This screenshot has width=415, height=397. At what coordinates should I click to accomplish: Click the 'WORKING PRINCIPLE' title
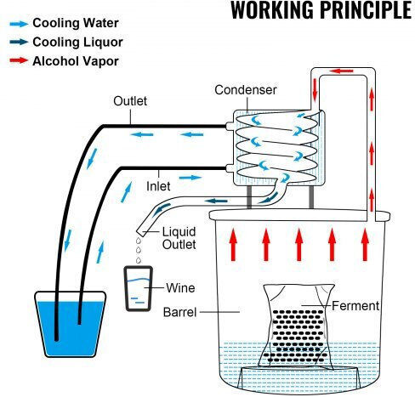(x=321, y=10)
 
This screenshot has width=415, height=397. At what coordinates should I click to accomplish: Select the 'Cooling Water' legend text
(x=76, y=23)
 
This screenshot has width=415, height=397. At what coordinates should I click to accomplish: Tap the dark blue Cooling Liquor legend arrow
(x=19, y=43)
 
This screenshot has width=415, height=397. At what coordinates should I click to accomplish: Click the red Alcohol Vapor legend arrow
(x=19, y=60)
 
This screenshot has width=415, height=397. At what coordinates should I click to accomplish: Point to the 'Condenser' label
(x=246, y=90)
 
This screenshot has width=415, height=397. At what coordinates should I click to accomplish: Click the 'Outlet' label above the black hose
(x=130, y=101)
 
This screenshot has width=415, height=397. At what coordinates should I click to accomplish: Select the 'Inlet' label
(x=158, y=186)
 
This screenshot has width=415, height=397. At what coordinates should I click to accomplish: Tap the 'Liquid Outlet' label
(x=179, y=238)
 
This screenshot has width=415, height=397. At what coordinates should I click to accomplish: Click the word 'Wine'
(x=180, y=288)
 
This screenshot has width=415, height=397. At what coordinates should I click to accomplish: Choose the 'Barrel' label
(x=179, y=312)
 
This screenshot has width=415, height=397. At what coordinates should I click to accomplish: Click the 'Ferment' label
(x=355, y=306)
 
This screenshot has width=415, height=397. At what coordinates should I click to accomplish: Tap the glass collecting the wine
(x=139, y=288)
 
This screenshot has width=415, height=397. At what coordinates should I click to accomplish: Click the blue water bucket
(x=70, y=324)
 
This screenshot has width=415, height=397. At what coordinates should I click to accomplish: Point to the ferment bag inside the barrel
(x=297, y=326)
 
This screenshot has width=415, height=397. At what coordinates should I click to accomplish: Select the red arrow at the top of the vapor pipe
(x=342, y=71)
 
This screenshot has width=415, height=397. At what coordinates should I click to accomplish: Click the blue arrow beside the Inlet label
(x=190, y=178)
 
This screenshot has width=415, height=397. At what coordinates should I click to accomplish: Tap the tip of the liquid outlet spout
(x=139, y=232)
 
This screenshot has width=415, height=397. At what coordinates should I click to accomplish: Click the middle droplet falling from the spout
(x=139, y=250)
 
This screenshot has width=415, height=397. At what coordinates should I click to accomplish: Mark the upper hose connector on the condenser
(x=230, y=126)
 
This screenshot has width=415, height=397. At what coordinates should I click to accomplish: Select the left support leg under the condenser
(x=249, y=197)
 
